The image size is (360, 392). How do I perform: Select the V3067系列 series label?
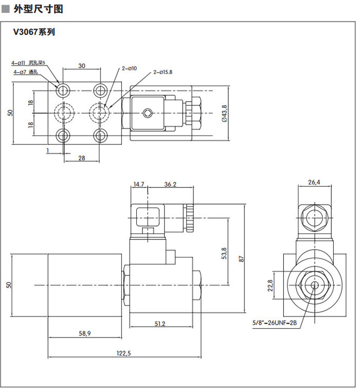tap(34, 32)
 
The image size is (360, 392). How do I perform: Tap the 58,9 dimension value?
tap(85, 333)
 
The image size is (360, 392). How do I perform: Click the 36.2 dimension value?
tap(170, 183)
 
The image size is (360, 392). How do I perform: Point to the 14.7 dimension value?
tap(139, 183)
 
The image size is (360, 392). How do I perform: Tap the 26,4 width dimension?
tap(314, 182)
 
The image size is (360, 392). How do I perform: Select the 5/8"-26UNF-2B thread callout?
tap(275, 323)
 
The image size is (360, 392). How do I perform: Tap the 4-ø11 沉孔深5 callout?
tap(28, 63)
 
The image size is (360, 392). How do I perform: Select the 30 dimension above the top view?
tap(82, 65)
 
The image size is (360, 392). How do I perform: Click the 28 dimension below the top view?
tap(81, 158)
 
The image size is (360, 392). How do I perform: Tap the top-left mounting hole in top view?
tap(63, 90)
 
